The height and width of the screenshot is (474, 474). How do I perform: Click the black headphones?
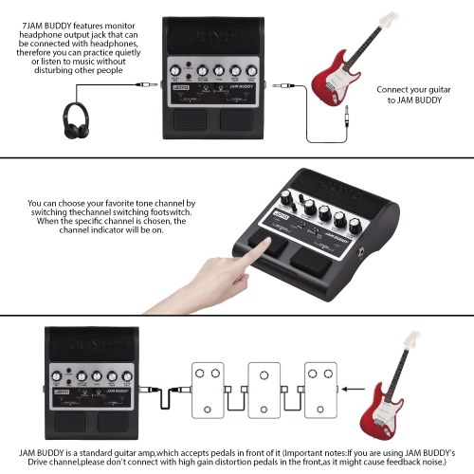pyautogui.click(x=76, y=120)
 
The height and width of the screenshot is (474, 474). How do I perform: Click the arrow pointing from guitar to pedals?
pyautogui.click(x=354, y=389)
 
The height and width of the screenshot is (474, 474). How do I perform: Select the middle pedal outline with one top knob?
pyautogui.click(x=264, y=391)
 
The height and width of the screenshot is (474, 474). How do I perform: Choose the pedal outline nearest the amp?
pyautogui.click(x=208, y=391)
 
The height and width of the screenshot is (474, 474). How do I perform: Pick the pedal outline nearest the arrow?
pyautogui.click(x=320, y=391)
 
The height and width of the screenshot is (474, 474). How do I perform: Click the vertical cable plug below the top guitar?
pyautogui.click(x=347, y=117)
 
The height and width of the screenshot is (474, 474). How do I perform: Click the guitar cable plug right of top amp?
pyautogui.click(x=283, y=85)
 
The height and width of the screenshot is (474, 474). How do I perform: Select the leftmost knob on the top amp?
pyautogui.click(x=175, y=71)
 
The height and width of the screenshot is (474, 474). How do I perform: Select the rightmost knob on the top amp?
pyautogui.click(x=251, y=71)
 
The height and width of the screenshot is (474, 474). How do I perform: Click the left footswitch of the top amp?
pyautogui.click(x=190, y=120)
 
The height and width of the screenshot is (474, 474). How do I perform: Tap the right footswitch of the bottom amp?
pyautogui.click(x=113, y=422)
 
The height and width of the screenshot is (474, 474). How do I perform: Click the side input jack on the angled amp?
pyautogui.click(x=361, y=253)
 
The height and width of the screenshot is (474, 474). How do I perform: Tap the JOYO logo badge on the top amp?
pyautogui.click(x=181, y=87)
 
